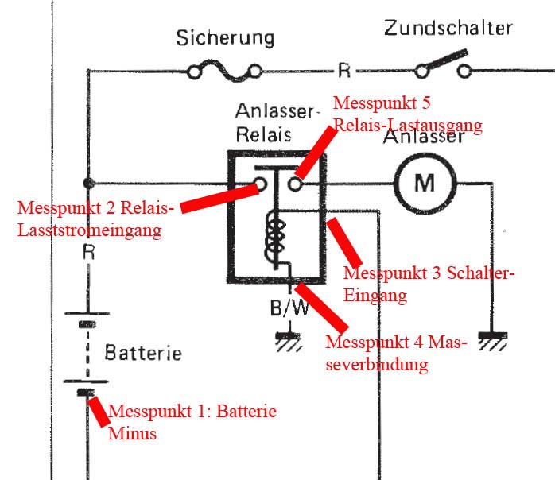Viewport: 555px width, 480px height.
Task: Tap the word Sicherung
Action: point(225,38)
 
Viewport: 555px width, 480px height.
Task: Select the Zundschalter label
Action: point(448,28)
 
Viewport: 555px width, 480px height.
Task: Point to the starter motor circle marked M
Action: point(425,184)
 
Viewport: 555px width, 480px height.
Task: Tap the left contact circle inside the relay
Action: point(261,184)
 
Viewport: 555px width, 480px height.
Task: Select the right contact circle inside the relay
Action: point(295,184)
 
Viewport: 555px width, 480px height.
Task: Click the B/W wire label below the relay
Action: point(289,308)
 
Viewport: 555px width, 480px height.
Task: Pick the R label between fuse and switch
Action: point(344,71)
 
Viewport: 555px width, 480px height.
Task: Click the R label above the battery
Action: point(89,252)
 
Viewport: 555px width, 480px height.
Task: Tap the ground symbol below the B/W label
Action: point(289,341)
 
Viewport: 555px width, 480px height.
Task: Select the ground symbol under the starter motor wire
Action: point(493,340)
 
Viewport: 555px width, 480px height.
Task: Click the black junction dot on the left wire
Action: point(88,184)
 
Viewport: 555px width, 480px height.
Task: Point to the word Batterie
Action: point(143,353)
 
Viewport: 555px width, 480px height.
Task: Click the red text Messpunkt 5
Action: point(382,103)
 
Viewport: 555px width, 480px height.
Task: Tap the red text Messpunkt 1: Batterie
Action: point(192,411)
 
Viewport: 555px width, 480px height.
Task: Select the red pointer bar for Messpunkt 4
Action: point(321,308)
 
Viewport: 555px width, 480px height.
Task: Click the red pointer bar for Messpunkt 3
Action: point(344,242)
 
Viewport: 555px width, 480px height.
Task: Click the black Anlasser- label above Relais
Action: point(277,111)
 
